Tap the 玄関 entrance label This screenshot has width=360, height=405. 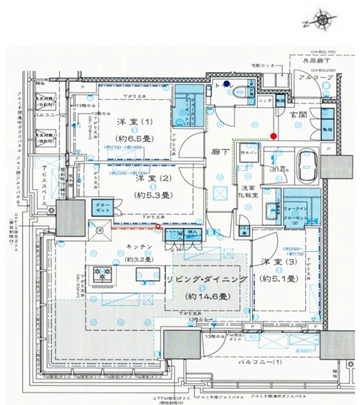(298, 117)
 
